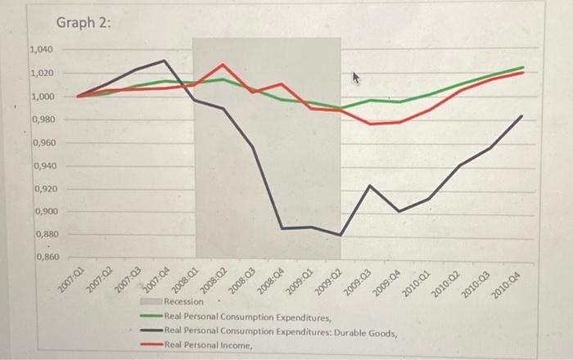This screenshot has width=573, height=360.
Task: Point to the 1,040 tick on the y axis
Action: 42,51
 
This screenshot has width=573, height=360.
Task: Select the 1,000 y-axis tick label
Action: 42,97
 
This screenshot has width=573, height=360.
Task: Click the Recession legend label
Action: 183,302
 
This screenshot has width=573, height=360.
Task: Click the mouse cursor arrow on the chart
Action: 355,78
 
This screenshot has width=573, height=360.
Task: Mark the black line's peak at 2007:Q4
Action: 165,61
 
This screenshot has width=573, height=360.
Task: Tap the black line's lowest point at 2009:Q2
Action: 340,235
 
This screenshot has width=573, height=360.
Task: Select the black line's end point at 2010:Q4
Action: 522,116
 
